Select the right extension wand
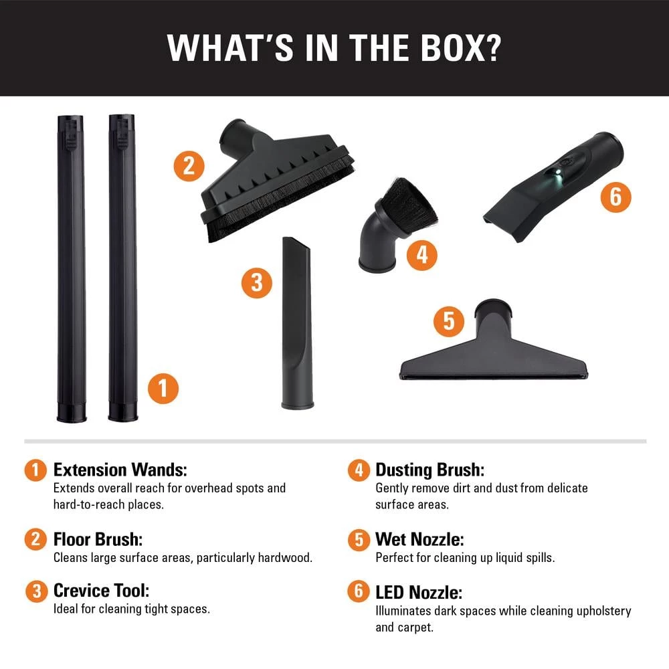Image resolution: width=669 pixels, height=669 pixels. click(x=122, y=268)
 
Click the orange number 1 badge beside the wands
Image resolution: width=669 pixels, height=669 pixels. click(x=163, y=388)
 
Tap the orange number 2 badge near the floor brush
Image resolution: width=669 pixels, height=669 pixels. click(x=189, y=165)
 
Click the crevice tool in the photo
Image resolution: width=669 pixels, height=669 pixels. click(x=294, y=321)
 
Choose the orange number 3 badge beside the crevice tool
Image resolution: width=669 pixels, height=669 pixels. click(x=257, y=282)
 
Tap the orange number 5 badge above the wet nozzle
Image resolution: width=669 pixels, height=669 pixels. click(x=448, y=322)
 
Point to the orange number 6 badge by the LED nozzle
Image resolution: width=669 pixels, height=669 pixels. click(x=615, y=196)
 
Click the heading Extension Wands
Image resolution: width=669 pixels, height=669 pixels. click(x=120, y=470)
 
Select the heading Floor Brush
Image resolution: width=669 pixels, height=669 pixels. click(x=98, y=539)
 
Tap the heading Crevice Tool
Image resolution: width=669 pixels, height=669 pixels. click(x=101, y=591)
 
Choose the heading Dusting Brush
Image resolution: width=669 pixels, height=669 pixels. click(x=429, y=470)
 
